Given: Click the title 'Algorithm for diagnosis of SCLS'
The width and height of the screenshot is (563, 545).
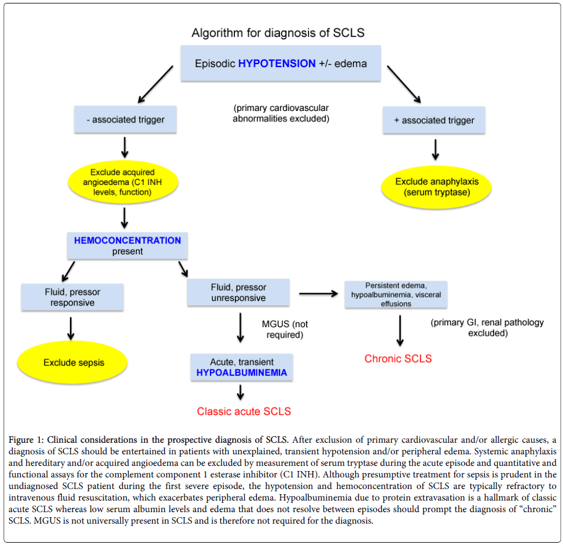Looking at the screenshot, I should tap(278, 33).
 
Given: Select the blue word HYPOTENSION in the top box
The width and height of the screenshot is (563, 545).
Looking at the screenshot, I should tap(277, 64).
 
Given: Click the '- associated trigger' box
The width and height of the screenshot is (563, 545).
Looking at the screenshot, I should tap(126, 120).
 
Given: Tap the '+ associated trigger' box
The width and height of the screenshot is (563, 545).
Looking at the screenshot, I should tap(434, 121).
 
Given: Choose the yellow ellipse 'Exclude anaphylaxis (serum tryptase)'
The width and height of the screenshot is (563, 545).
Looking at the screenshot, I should tap(437, 187).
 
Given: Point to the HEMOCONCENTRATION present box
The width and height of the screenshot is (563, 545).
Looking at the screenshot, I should tap(127, 246).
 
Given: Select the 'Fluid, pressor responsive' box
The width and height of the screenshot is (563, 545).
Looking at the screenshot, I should tap(72, 297).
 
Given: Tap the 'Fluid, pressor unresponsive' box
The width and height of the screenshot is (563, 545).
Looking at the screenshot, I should tap(238, 292).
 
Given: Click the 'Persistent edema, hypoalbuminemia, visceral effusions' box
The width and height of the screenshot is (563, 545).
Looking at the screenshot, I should tap(396, 295).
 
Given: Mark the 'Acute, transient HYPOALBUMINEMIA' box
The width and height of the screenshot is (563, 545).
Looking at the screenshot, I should tap(241, 368).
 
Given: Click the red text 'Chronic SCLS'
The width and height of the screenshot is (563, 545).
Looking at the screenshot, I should tap(398, 359).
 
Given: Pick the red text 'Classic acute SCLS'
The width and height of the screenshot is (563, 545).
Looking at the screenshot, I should tap(244, 411).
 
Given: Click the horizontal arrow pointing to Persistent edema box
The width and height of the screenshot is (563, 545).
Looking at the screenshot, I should tap(318, 294).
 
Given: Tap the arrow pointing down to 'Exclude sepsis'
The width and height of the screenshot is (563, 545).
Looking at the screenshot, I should tap(71, 328).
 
